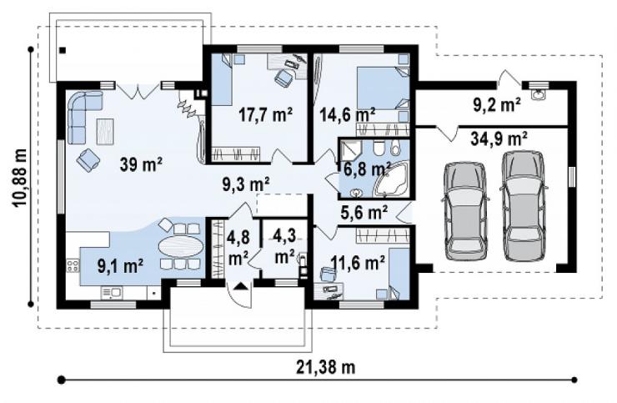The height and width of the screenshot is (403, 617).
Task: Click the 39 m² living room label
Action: [141, 164]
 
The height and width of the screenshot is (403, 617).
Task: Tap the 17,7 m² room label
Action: [266, 114]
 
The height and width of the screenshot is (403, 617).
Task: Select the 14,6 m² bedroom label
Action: [347, 114]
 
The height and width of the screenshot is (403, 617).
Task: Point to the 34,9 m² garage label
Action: [499, 139]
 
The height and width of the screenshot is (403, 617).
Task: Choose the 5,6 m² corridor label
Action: [364, 212]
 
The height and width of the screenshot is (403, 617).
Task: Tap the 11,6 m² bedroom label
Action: [358, 262]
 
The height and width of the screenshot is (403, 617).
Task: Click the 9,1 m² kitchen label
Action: [120, 266]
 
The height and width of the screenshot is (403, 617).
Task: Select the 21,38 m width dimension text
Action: [325, 367]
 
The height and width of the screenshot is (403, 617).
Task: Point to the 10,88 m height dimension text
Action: [19, 178]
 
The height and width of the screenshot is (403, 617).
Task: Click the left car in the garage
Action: [465, 210]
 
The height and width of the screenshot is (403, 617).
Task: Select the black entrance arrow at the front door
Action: [240, 286]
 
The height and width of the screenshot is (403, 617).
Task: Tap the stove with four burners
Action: [73, 265]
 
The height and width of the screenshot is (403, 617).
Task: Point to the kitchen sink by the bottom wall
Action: [112, 293]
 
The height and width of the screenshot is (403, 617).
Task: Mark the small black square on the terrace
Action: [63, 50]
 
